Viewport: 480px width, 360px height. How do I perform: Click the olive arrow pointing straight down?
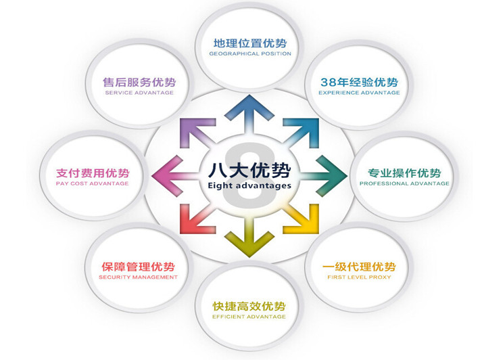tap(249, 238)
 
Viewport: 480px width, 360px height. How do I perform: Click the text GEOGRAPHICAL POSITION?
tap(250, 53)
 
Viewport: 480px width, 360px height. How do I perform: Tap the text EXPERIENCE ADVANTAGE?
tap(359, 93)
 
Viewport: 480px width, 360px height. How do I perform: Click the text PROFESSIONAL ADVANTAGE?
tap(404, 183)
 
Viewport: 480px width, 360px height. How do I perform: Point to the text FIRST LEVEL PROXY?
tap(359, 277)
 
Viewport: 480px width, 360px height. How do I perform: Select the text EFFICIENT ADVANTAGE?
tap(249, 317)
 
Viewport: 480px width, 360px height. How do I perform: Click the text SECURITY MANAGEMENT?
tap(138, 277)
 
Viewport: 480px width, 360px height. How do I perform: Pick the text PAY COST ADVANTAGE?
tap(92, 183)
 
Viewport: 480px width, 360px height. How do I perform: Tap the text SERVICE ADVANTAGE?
tap(139, 93)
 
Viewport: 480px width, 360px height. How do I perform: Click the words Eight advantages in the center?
tap(249, 185)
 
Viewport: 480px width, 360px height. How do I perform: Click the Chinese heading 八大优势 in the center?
tap(249, 170)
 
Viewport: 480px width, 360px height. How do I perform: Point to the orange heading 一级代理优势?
tap(359, 267)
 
